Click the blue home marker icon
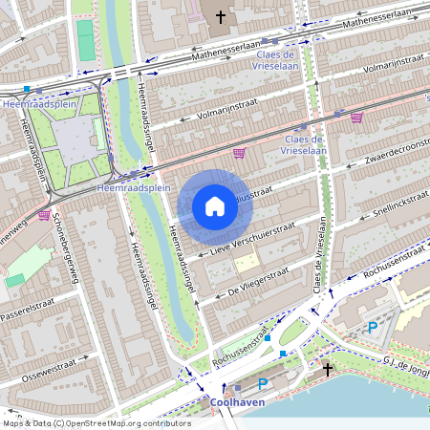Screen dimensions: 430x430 215,206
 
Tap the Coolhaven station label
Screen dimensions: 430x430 237,403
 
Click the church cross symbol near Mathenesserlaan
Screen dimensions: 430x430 221,17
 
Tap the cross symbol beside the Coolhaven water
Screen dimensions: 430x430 328,369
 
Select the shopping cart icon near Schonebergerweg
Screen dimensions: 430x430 44,216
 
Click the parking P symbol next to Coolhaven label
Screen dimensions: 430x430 263,384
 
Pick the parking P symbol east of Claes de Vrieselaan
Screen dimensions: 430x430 373,328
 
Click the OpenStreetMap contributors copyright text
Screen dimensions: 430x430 97,422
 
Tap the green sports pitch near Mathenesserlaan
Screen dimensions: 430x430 86,41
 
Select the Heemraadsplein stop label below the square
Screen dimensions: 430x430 133,189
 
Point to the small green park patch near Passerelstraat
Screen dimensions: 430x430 15,280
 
